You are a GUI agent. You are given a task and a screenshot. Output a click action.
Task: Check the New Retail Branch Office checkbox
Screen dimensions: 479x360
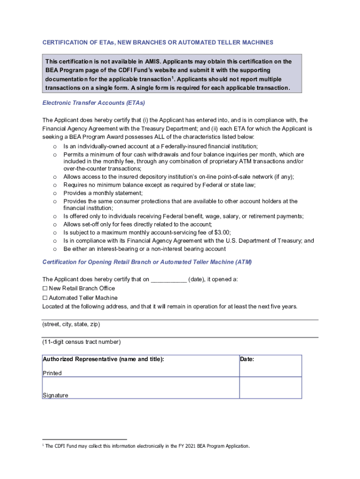[45, 289]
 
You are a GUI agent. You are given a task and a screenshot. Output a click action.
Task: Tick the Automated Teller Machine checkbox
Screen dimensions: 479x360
[45, 298]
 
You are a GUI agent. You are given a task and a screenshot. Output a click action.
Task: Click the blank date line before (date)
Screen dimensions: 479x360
[168, 280]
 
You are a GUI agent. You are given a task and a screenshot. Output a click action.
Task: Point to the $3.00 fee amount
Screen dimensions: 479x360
[222, 232]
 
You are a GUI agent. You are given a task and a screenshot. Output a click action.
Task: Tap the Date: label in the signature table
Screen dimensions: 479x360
[247, 360]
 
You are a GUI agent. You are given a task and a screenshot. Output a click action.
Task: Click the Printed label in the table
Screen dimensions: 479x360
[52, 373]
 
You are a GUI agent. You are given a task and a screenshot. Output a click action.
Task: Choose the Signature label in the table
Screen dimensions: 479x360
[55, 395]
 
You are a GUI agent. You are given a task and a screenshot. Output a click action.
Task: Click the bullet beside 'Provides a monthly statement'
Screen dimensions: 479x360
[55, 193]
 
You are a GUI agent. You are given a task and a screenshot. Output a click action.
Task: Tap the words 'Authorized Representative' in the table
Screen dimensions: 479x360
[79, 360]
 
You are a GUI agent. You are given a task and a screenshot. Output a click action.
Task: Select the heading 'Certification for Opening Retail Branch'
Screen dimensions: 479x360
[147, 262]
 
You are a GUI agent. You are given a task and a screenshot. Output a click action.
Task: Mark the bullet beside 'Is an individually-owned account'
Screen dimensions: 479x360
[55, 147]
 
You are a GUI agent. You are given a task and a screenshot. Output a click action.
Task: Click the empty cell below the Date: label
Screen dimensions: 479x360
[270, 387]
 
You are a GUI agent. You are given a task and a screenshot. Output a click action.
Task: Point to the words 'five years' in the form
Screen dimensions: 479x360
[282, 307]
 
